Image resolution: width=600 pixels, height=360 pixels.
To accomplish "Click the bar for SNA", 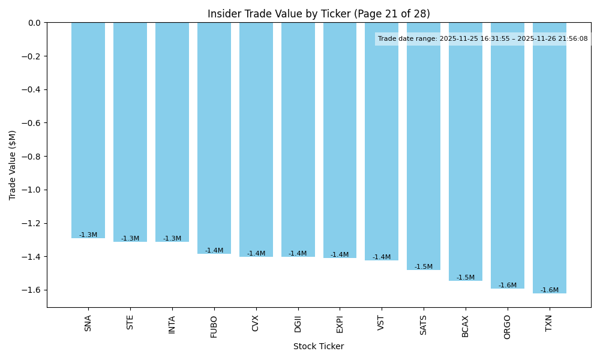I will [x=88, y=130].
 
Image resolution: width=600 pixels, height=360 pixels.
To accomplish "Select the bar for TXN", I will [x=550, y=158].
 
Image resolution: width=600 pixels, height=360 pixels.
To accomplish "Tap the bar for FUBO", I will [x=214, y=138].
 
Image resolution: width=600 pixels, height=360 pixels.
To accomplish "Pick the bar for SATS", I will [x=424, y=146].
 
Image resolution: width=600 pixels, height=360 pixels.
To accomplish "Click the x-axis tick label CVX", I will [x=256, y=323].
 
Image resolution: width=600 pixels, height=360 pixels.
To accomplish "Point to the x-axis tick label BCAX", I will [x=466, y=325].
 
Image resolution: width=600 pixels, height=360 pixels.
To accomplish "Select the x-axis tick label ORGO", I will [x=508, y=326].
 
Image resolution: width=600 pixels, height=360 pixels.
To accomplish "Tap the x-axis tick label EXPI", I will [x=340, y=324].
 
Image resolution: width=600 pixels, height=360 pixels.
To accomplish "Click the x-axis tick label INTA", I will [x=172, y=325].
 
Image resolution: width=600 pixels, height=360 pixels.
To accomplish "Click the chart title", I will [x=319, y=14].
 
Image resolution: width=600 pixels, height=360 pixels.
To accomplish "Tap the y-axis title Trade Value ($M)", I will [x=13, y=165].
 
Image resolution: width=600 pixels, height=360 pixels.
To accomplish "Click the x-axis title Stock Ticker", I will [x=319, y=347].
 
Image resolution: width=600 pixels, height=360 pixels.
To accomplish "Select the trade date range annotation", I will [x=483, y=39].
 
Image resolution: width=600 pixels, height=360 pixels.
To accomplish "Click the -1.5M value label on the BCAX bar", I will [x=466, y=278].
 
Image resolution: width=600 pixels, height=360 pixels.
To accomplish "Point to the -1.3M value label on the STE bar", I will [x=130, y=239].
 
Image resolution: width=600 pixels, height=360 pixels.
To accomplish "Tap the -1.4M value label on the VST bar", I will [x=382, y=257].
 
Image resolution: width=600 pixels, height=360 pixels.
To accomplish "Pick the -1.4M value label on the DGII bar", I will [x=298, y=254].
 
